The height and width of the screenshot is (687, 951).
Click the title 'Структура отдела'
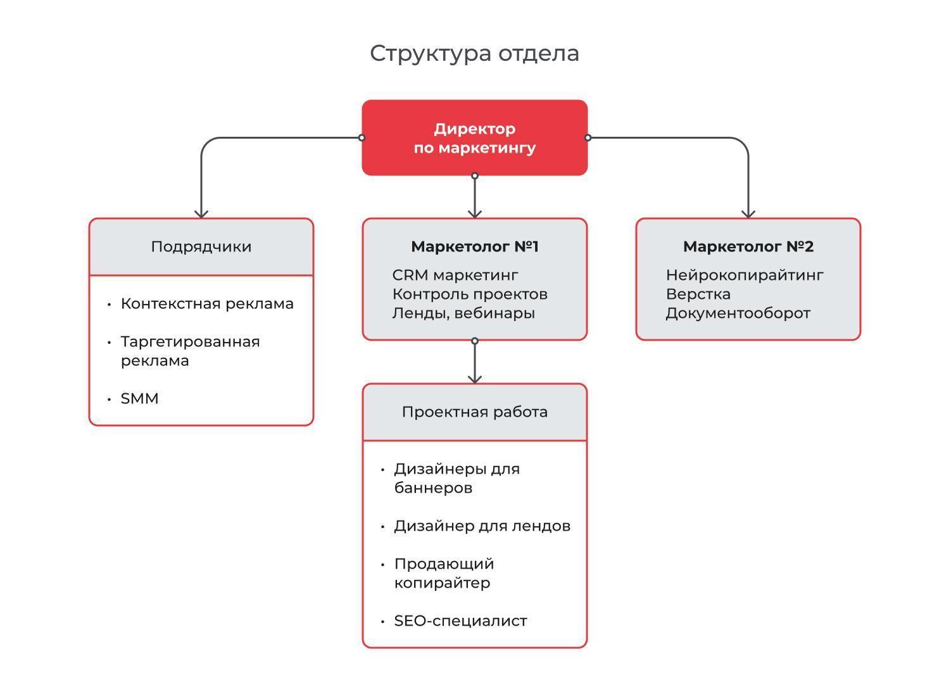pyautogui.click(x=474, y=54)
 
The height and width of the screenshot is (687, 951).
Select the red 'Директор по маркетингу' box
pyautogui.click(x=475, y=137)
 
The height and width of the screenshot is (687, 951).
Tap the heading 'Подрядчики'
pyautogui.click(x=201, y=247)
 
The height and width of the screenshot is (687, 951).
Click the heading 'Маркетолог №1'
pyautogui.click(x=475, y=246)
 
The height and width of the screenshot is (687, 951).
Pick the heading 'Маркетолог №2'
pyautogui.click(x=748, y=246)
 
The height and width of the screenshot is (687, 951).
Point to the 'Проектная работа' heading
pyautogui.click(x=475, y=412)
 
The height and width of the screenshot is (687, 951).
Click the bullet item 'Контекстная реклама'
pyautogui.click(x=207, y=303)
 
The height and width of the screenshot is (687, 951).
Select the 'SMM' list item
pyautogui.click(x=139, y=398)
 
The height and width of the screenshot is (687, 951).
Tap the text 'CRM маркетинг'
pyautogui.click(x=455, y=275)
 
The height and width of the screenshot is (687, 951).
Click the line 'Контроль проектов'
pyautogui.click(x=470, y=294)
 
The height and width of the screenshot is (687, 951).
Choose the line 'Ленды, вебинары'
pyautogui.click(x=463, y=313)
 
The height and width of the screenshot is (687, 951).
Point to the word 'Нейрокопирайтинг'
pyautogui.click(x=745, y=275)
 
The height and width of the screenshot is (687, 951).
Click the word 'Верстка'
pyautogui.click(x=698, y=294)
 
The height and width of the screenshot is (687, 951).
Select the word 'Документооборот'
pyautogui.click(x=738, y=313)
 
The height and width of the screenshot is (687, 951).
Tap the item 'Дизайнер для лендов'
pyautogui.click(x=482, y=526)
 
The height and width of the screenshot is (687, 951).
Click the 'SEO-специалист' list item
pyautogui.click(x=461, y=621)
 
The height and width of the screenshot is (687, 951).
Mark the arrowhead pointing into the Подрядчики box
pyautogui.click(x=201, y=213)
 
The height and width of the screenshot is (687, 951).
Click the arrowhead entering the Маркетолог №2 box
pyautogui.click(x=748, y=213)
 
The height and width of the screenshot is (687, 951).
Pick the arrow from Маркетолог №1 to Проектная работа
pyautogui.click(x=475, y=362)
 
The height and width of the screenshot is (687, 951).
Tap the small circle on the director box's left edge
pyautogui.click(x=362, y=137)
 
